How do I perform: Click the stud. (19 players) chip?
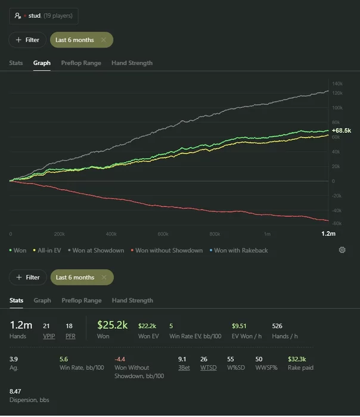coord(44,16)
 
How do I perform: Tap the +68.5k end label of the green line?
coord(342,130)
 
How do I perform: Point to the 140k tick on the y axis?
coord(337,84)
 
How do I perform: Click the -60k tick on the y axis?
coord(337,223)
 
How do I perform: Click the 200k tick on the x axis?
coord(59,234)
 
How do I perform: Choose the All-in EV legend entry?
coord(49,251)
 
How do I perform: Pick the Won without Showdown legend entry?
coord(169,251)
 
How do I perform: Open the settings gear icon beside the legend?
coord(342,250)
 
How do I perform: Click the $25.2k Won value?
coord(113,326)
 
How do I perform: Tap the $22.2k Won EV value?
coord(147,326)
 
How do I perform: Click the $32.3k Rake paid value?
coord(297,359)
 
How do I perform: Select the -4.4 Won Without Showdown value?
coord(120,359)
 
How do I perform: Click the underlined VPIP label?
coord(48,336)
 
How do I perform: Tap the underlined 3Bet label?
coord(184,368)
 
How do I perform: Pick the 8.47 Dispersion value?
coord(15,391)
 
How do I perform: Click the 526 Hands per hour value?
coord(277,326)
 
